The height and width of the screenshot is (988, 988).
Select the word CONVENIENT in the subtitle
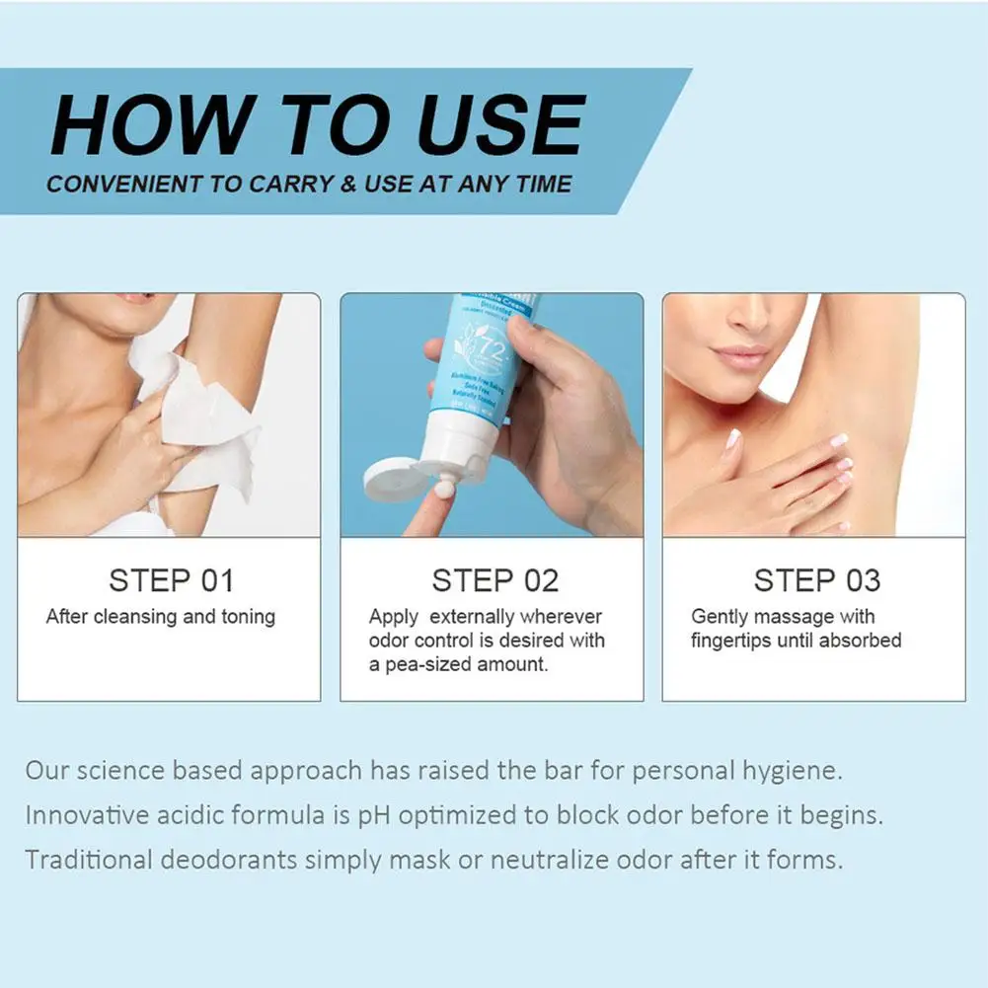click(x=116, y=185)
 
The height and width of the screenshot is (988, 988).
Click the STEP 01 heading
click(x=171, y=580)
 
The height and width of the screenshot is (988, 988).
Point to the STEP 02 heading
click(x=494, y=580)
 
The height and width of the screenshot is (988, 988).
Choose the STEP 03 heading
click(x=816, y=580)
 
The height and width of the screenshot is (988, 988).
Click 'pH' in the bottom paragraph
click(x=370, y=815)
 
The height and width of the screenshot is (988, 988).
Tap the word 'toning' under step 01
click(x=248, y=617)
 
